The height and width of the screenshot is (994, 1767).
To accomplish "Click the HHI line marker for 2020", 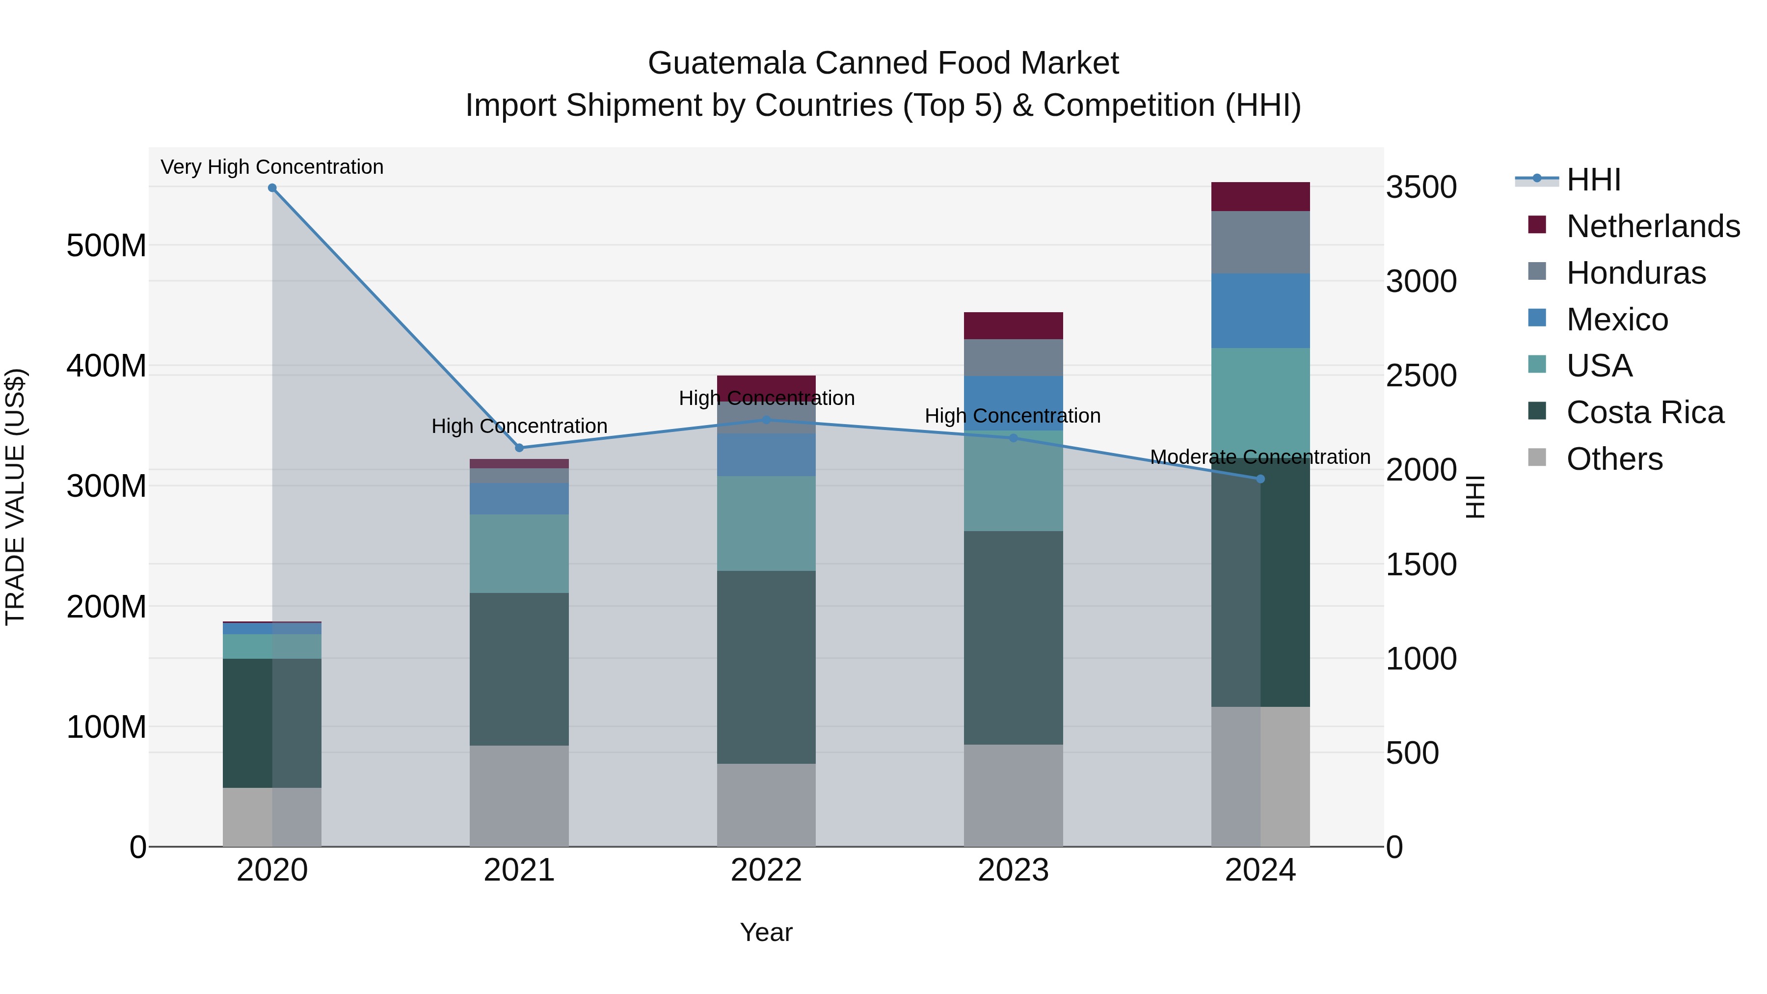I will click(x=272, y=188).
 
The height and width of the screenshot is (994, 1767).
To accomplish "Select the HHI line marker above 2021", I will click(x=519, y=448).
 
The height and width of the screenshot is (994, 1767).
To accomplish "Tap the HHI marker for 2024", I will click(x=1260, y=479).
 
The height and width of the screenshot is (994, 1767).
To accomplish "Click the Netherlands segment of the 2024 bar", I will click(x=1260, y=197).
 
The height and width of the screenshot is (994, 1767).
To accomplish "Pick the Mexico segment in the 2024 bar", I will click(x=1260, y=311).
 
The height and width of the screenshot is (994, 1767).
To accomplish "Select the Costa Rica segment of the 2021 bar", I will click(x=519, y=669).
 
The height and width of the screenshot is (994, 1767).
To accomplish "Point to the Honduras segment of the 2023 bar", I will click(x=1013, y=357).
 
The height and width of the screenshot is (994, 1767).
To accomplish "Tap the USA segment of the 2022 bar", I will click(x=766, y=523).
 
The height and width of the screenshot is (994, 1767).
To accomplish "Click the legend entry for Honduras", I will click(x=1636, y=273).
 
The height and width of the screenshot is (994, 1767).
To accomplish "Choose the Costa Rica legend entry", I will click(x=1645, y=412).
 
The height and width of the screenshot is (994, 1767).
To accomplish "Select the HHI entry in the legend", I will click(x=1593, y=180).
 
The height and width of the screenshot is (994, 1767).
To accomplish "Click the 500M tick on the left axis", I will click(x=107, y=245).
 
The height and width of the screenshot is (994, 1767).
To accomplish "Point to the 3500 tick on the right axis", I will click(x=1421, y=188).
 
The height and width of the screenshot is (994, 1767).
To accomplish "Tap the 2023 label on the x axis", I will click(x=1013, y=870).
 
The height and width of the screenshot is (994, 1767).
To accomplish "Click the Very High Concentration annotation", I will click(x=272, y=167).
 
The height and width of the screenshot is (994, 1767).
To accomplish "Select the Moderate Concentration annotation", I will click(x=1260, y=457).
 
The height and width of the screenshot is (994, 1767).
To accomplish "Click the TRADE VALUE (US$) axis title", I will click(x=15, y=497).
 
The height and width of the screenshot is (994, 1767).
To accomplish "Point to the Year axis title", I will click(x=766, y=932).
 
